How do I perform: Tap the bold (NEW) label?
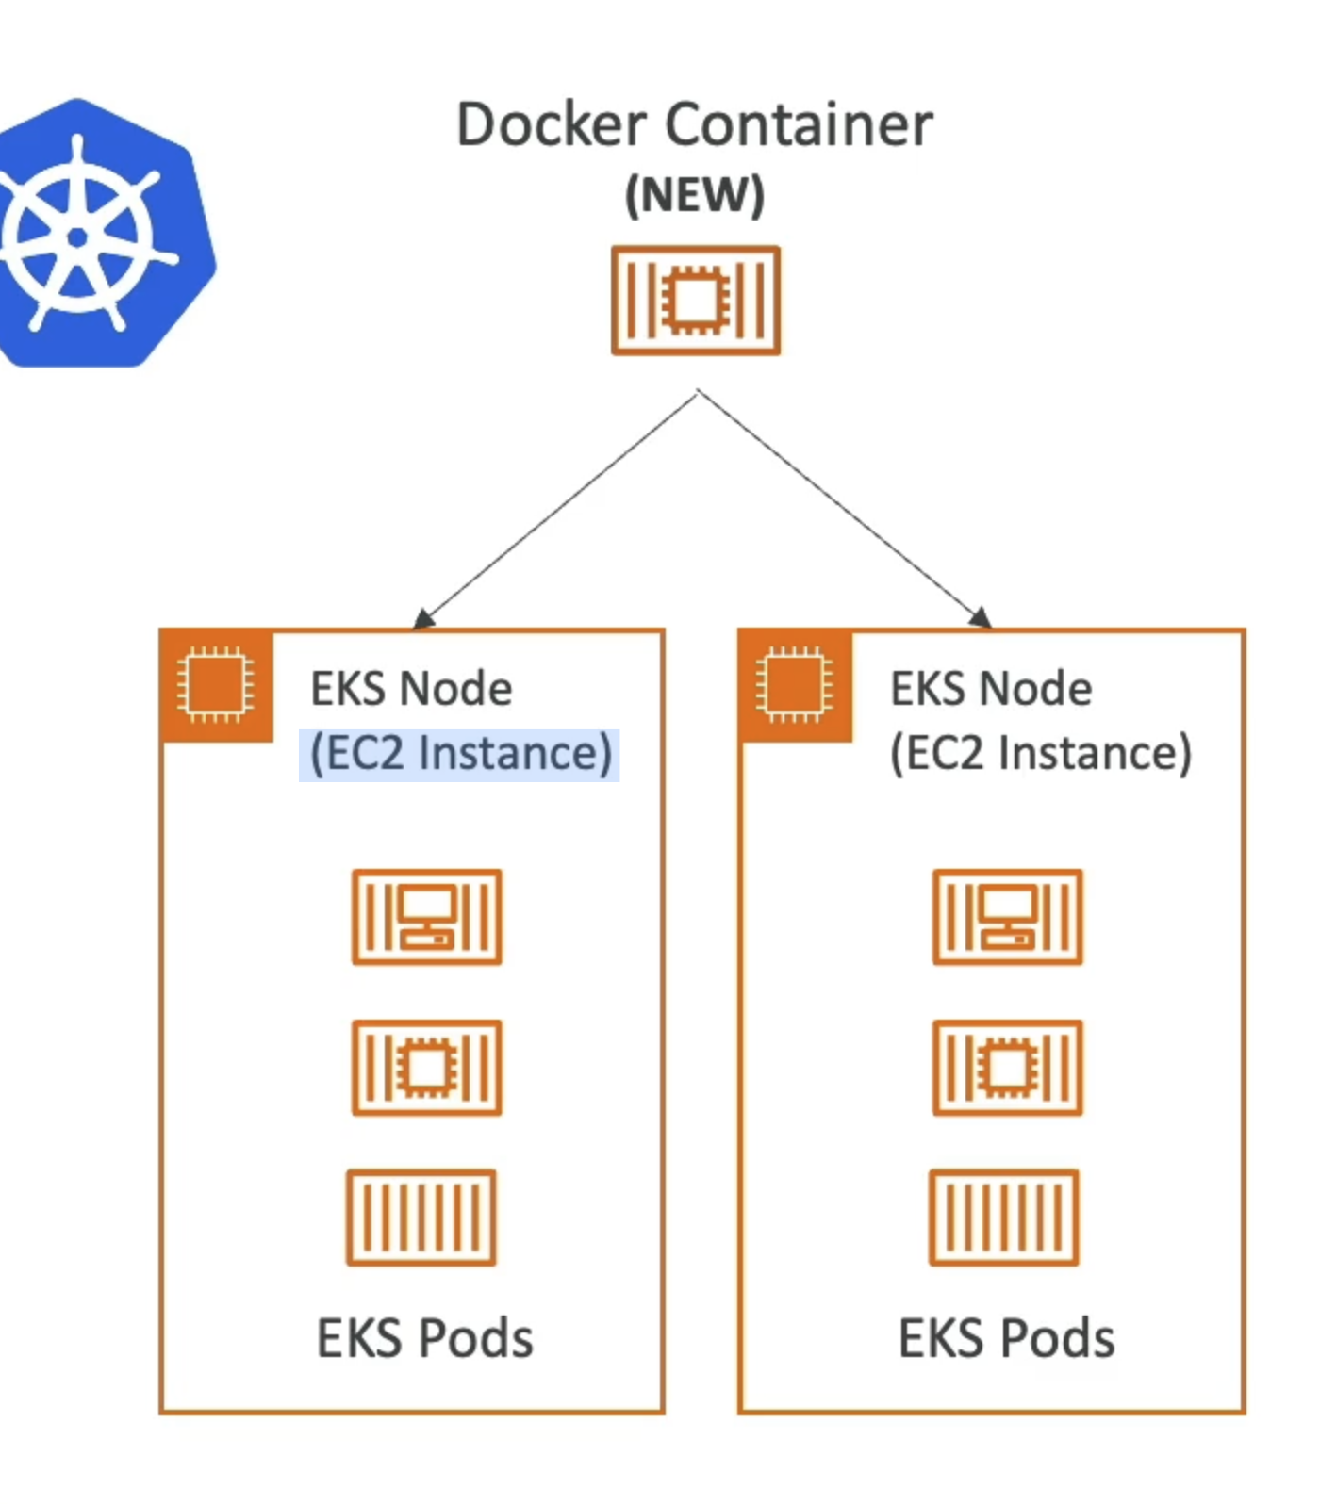(695, 196)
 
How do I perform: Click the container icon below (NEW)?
(696, 301)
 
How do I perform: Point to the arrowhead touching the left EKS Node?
(423, 618)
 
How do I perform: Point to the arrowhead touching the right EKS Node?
(981, 617)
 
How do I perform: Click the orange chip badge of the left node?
(216, 685)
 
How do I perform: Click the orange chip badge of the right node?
(795, 685)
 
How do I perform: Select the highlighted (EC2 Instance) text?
(460, 754)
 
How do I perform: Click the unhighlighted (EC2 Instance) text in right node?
(1041, 754)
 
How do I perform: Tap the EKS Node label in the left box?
(411, 689)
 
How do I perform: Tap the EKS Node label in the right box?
(991, 689)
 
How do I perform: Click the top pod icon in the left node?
(427, 917)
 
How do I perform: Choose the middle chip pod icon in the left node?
(427, 1068)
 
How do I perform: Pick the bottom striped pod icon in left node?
(421, 1218)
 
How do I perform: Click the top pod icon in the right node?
(1008, 917)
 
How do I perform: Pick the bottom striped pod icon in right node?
(1004, 1218)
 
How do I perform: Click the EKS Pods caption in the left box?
(424, 1338)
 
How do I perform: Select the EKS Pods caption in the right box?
(1006, 1338)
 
